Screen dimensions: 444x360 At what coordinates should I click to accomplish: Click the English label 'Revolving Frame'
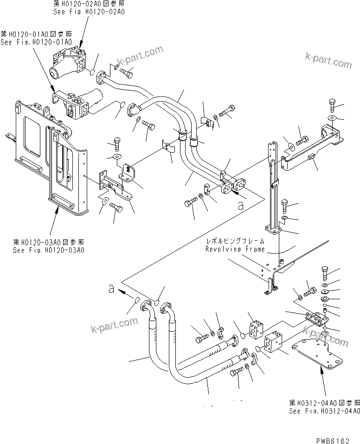235,249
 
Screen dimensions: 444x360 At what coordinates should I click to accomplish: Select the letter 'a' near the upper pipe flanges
240,206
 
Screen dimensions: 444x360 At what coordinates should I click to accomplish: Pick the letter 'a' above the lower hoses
111,290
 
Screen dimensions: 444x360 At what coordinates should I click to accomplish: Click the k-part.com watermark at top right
328,61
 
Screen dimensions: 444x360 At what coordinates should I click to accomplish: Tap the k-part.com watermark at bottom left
115,326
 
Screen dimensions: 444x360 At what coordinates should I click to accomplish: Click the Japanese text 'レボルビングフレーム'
235,241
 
